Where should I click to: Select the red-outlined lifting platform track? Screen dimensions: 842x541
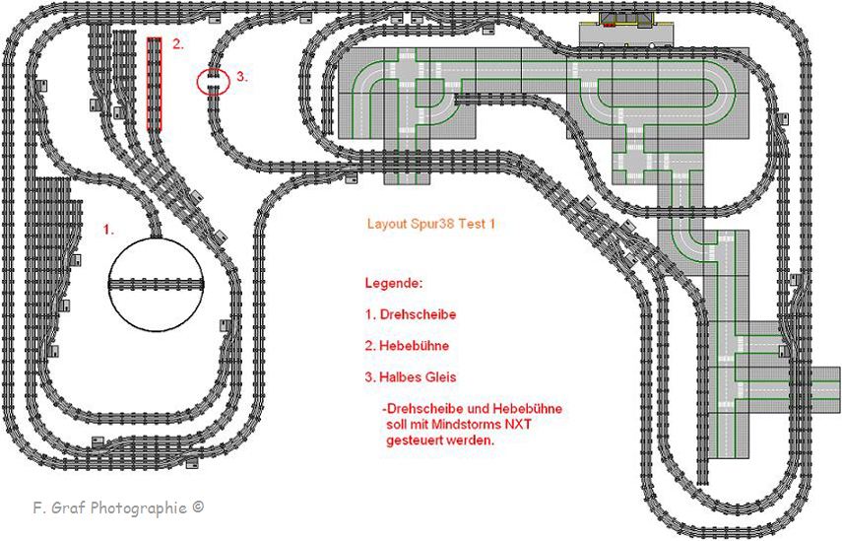(154, 84)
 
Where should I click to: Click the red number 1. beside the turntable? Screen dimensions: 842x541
(109, 230)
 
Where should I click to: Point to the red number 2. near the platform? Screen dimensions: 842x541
(177, 44)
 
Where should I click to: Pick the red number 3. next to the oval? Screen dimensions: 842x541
(242, 77)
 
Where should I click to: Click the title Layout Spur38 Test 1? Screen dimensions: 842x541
(430, 224)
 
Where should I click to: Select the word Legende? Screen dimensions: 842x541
(394, 283)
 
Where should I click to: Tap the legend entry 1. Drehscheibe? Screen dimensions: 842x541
(411, 313)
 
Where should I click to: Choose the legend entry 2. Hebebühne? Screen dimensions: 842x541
(407, 346)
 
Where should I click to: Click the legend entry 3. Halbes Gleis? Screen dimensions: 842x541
(411, 377)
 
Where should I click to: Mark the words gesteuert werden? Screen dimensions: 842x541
(439, 440)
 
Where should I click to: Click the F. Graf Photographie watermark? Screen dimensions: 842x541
(118, 507)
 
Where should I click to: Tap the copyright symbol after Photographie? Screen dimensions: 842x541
(198, 507)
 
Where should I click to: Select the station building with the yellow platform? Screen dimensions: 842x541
(626, 20)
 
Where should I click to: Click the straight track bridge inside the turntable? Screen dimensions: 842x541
(157, 284)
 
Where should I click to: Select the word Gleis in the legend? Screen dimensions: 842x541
(441, 377)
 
